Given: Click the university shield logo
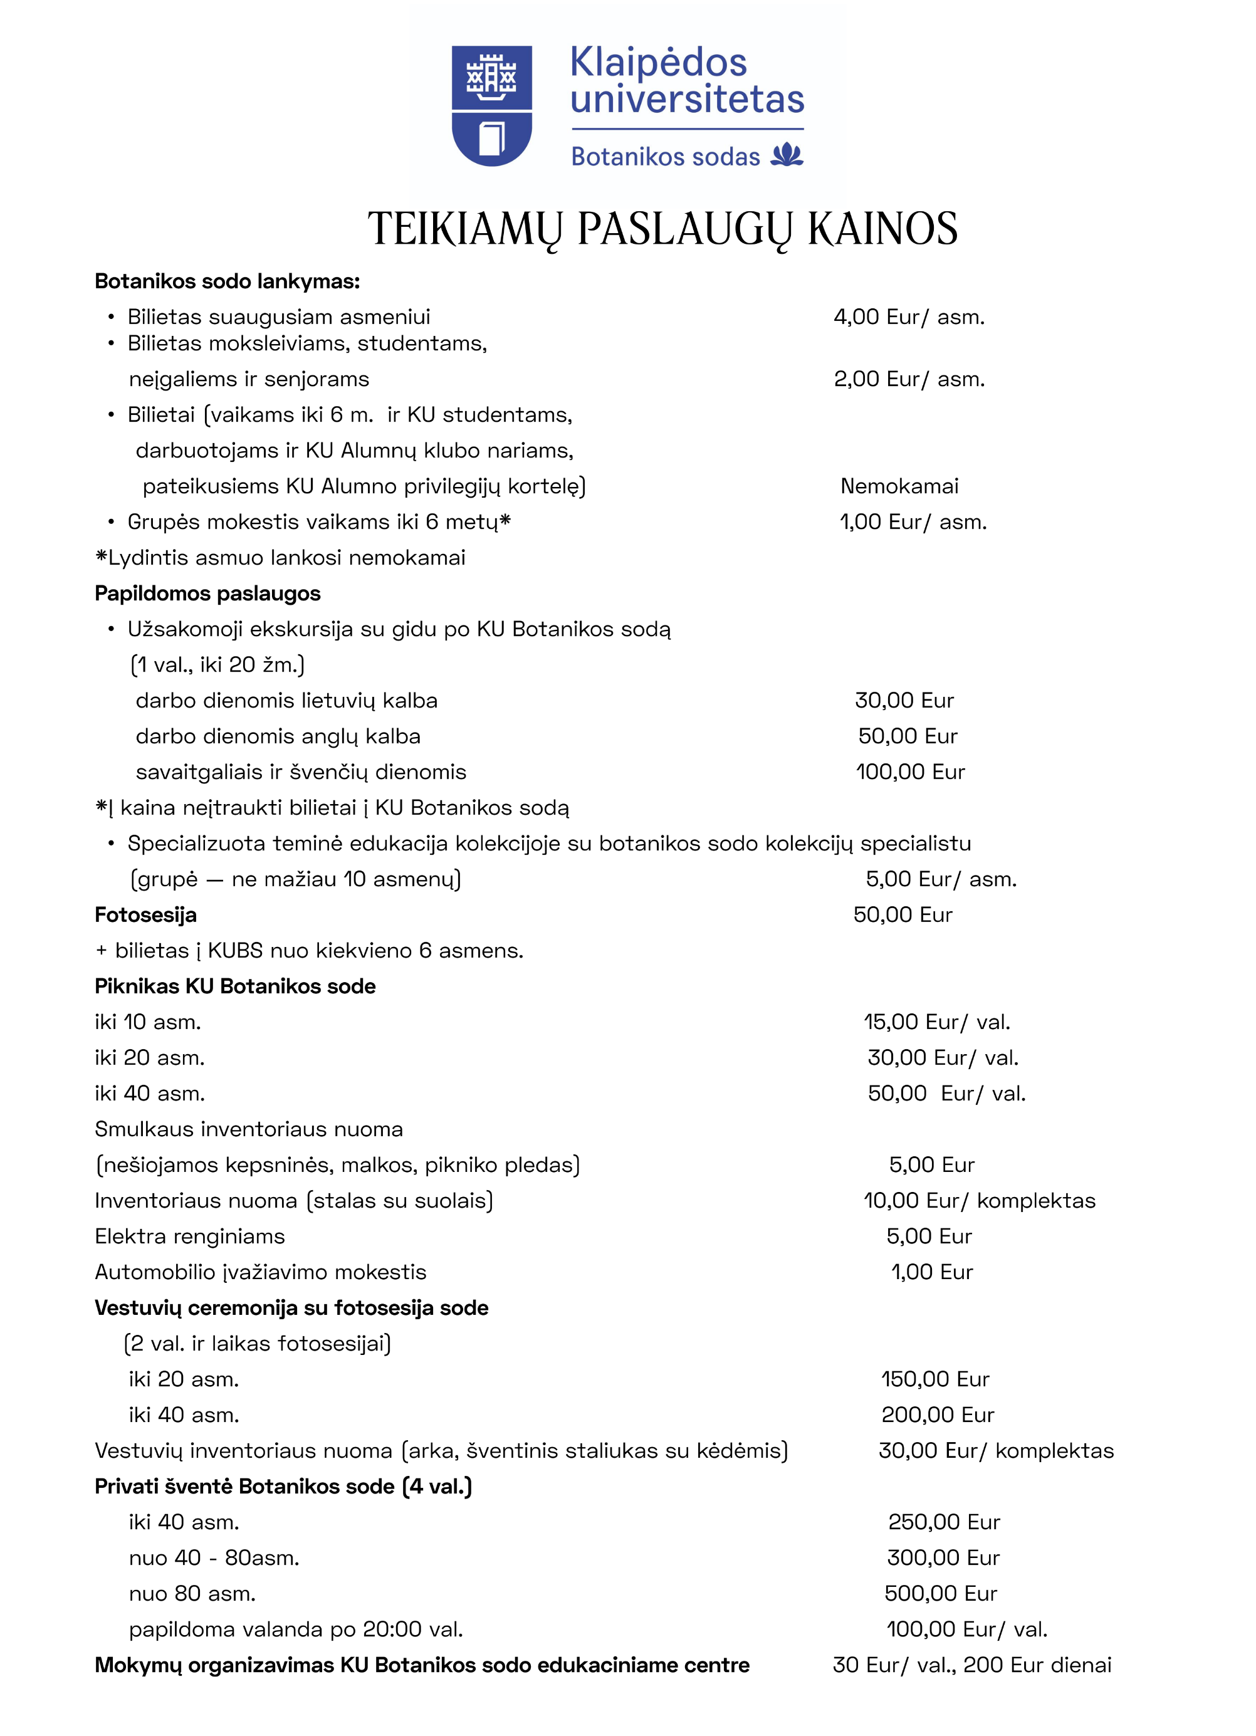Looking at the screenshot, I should (x=491, y=106).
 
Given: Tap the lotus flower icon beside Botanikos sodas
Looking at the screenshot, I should (x=787, y=155).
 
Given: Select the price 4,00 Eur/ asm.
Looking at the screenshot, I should (x=909, y=317).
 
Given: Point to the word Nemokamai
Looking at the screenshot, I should (x=899, y=486).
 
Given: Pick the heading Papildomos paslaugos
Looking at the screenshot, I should (x=207, y=593).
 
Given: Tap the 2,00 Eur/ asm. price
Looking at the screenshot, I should (x=909, y=379).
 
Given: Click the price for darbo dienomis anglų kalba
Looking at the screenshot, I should (x=907, y=736).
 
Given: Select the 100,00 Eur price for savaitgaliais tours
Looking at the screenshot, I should (x=910, y=771).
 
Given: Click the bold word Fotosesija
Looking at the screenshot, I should (x=145, y=915).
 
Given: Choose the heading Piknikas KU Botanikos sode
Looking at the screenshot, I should (x=235, y=986).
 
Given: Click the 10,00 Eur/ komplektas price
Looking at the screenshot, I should (x=979, y=1200).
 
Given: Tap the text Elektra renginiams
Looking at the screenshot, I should (x=190, y=1236).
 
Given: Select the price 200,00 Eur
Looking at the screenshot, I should (x=937, y=1414).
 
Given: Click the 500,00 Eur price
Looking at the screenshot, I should (x=940, y=1593).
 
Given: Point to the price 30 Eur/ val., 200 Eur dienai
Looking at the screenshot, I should (x=971, y=1665).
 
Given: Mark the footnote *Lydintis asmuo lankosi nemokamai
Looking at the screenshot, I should (x=280, y=557).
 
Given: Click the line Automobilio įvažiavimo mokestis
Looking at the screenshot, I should (x=260, y=1272).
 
